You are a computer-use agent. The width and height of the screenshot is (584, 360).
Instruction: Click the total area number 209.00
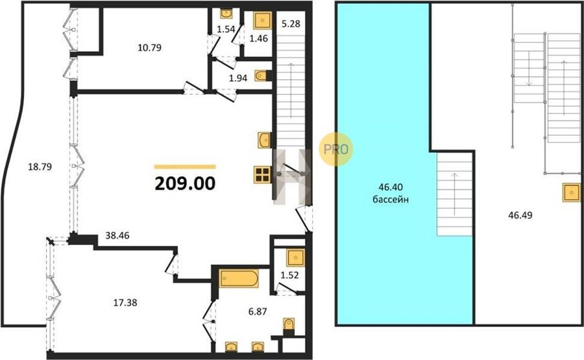tap(185, 183)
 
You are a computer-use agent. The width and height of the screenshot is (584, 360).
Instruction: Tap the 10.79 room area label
tap(150, 47)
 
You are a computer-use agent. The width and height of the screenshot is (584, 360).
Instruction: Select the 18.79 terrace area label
tap(40, 167)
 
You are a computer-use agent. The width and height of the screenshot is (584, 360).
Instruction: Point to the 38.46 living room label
tap(117, 235)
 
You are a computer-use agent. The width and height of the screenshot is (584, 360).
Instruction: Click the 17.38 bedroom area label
tap(125, 303)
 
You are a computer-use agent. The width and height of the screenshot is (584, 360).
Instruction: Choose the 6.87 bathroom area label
tap(258, 311)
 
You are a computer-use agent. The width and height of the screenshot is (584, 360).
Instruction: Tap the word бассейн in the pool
tap(391, 200)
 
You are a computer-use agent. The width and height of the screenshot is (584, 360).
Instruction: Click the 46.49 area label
tap(520, 215)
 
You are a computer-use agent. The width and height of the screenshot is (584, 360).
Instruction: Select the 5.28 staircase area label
tap(291, 24)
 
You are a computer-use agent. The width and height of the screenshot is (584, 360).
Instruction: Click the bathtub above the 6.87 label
tap(239, 278)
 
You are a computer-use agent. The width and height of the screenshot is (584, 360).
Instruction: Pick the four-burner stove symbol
tap(262, 174)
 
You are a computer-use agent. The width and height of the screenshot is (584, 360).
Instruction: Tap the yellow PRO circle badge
tap(335, 149)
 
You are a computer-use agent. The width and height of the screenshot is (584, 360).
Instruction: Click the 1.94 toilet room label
tap(238, 78)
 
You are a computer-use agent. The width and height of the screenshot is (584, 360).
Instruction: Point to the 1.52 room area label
tap(289, 275)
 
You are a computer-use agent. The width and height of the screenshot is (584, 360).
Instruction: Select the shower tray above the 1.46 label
tap(263, 20)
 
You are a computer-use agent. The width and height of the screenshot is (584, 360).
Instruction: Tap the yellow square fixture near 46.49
tap(571, 193)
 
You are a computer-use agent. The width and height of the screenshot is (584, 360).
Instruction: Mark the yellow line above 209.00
tap(185, 167)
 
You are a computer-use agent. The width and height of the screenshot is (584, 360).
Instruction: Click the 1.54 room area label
tap(226, 29)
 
